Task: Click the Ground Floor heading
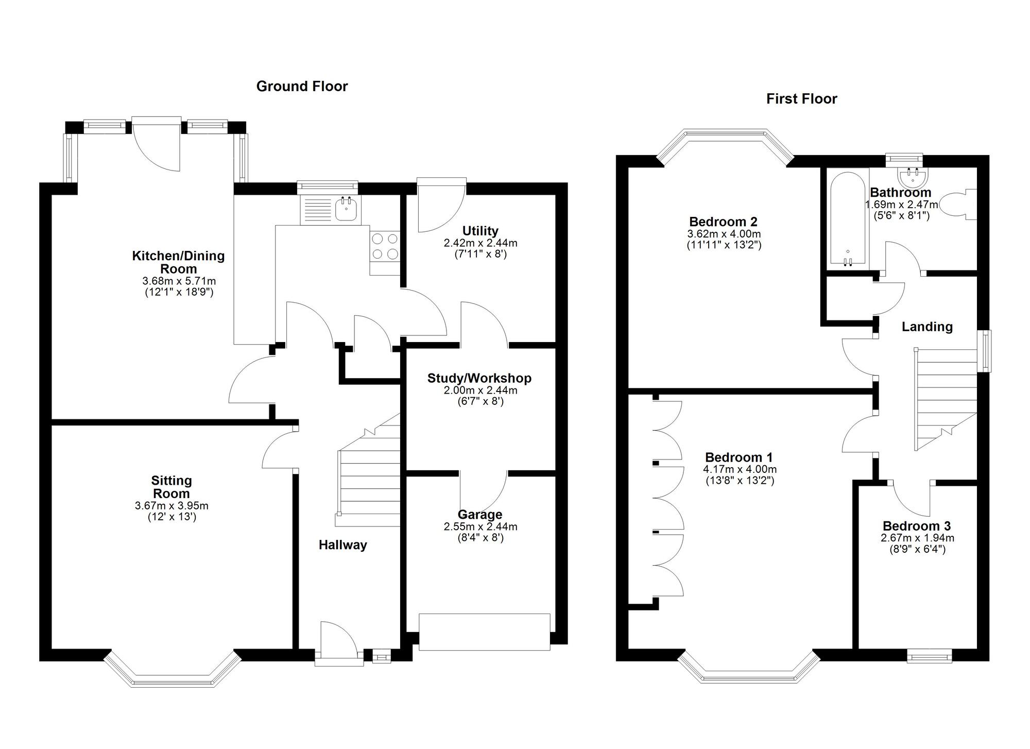[302, 86]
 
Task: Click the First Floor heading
[801, 98]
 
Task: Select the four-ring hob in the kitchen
[385, 246]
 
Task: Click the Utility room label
[480, 230]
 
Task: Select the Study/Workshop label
[479, 378]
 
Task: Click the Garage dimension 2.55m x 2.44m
[480, 526]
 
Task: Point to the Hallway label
[342, 545]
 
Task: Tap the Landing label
[926, 327]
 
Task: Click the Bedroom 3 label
[917, 526]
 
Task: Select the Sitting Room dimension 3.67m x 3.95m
[171, 506]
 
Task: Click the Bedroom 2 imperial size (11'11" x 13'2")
[723, 245]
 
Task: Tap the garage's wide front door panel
[484, 632]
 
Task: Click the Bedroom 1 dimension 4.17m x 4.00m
[740, 469]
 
